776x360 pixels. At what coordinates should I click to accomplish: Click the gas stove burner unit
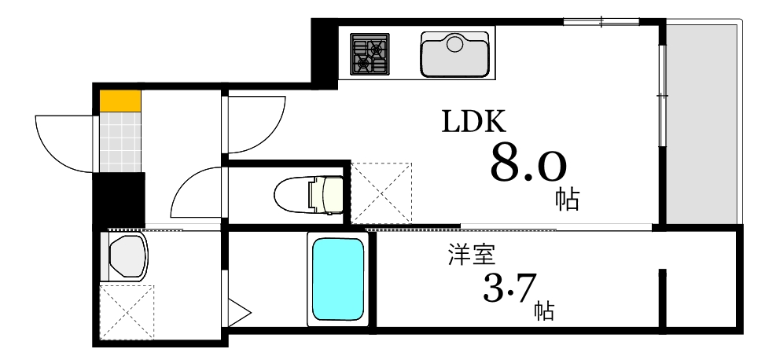click(x=370, y=53)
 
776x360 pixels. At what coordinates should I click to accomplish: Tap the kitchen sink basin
click(x=454, y=53)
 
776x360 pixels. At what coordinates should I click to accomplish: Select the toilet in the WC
click(x=310, y=194)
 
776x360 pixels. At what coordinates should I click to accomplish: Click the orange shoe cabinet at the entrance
click(x=120, y=101)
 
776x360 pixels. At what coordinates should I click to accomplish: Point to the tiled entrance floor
click(x=120, y=141)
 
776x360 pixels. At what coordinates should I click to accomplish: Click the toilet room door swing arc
click(x=193, y=193)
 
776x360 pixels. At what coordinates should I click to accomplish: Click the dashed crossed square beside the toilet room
click(x=381, y=193)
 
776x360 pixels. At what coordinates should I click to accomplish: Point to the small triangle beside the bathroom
click(x=237, y=310)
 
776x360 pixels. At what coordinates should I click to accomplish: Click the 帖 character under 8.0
click(x=567, y=199)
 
